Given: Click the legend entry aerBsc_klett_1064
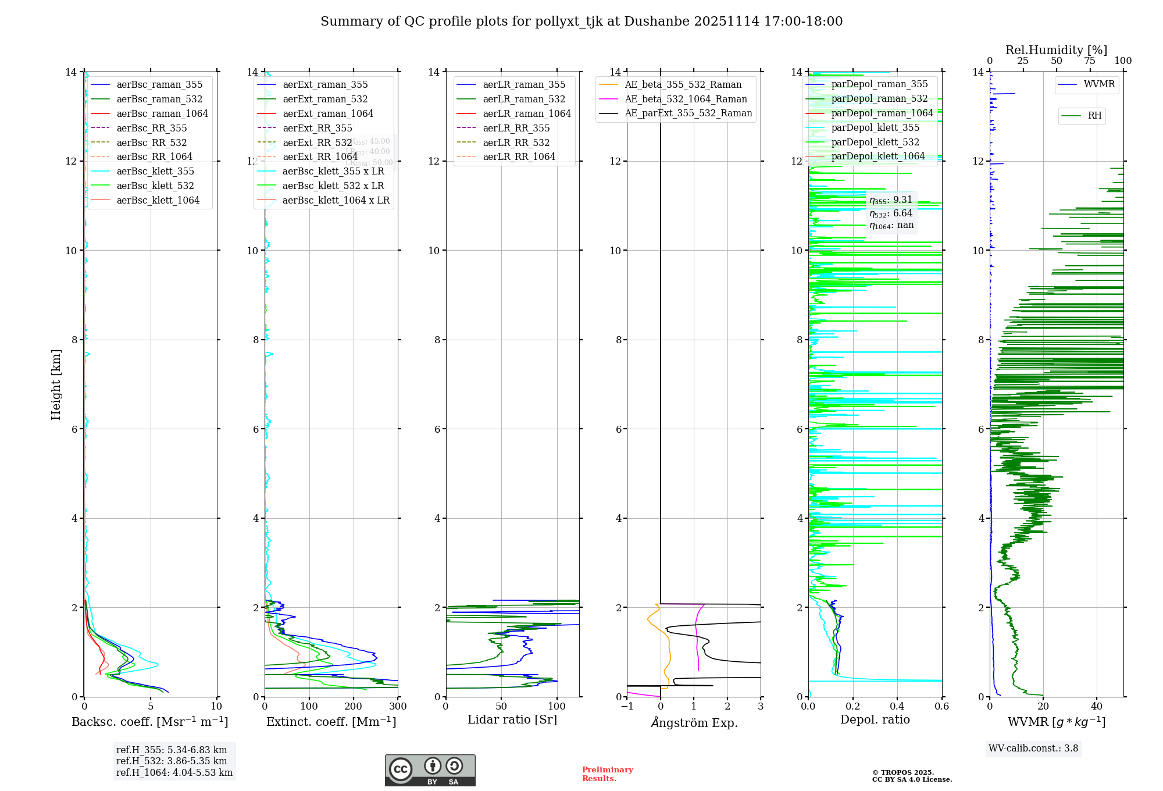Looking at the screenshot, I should [x=158, y=200].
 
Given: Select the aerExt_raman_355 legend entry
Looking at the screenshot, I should [x=325, y=84].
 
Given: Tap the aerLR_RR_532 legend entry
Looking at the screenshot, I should [x=516, y=142].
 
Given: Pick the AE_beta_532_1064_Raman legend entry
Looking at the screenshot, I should [x=686, y=99].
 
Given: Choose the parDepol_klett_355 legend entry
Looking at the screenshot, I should [x=875, y=127].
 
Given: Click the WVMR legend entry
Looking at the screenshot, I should [x=1099, y=84].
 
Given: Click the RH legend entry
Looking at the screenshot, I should [x=1094, y=116].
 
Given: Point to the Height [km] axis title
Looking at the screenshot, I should [x=56, y=384].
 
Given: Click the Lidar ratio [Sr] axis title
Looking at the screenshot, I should [x=512, y=719].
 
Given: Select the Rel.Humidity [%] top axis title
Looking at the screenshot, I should [x=1056, y=50].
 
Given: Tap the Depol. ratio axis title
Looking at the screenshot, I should [x=875, y=719].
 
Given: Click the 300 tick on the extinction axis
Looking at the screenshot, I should [x=398, y=707].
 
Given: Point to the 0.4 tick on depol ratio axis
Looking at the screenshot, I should [x=897, y=707].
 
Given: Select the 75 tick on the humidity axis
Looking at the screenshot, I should [x=1090, y=61].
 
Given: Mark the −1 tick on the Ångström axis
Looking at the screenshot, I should [x=627, y=707].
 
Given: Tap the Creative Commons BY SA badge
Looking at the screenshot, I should [x=430, y=770].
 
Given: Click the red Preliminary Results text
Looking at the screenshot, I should [x=607, y=774].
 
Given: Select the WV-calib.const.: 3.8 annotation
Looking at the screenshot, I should [x=1033, y=749].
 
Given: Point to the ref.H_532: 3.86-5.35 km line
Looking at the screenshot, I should [x=172, y=761].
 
